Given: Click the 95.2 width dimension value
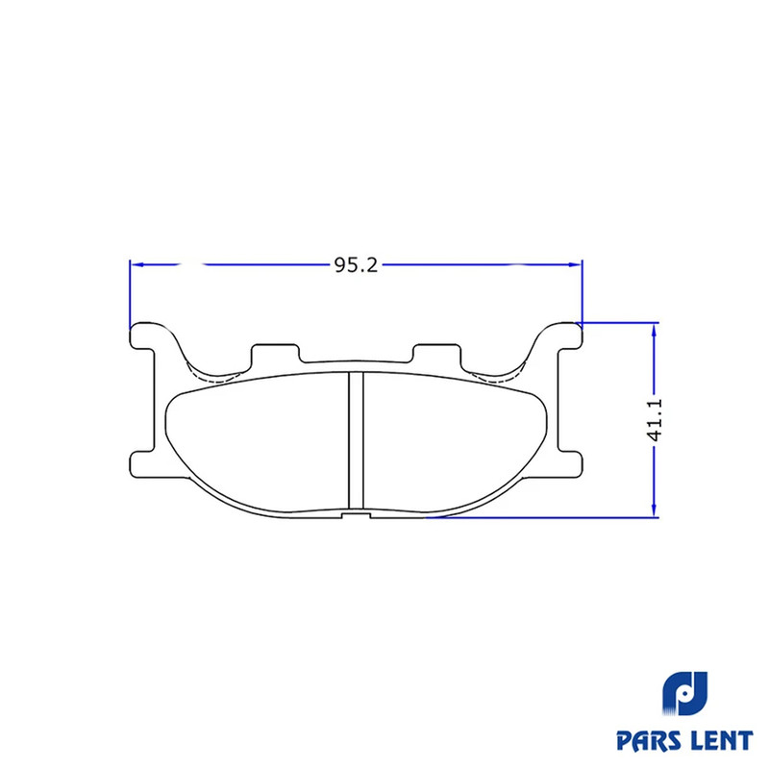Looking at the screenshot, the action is coord(356,265).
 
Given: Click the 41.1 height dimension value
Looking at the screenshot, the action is coord(655,420).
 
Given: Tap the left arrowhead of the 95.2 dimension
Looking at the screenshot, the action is coord(137,265).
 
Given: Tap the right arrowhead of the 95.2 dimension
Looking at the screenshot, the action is coord(575,265).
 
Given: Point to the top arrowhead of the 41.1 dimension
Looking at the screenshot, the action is coord(654,330).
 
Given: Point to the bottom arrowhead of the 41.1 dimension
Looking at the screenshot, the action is coord(654,509).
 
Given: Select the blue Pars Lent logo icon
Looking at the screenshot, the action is coord(685,694).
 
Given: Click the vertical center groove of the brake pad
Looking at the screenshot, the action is coord(356,440).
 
